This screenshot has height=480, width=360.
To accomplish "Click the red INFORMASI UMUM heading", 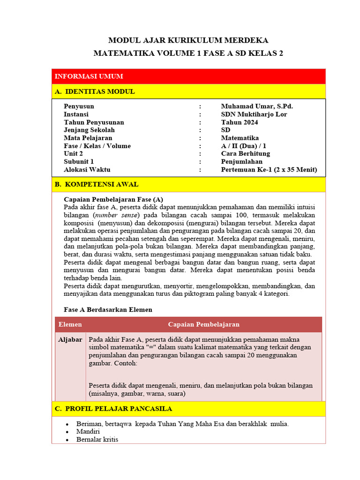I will point(89,76).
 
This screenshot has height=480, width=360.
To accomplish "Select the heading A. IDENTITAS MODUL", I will point(95,91).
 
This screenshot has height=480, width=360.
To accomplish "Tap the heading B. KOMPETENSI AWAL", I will point(97,184).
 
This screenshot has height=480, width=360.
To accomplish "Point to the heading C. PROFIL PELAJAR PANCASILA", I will point(113,409).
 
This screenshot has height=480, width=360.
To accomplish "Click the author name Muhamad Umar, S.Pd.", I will point(257,106).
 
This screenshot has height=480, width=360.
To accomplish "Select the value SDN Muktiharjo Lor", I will point(254,114).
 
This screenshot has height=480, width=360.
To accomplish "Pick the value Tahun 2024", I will point(240,122).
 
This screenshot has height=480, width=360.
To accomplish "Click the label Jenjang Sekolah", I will point(89,130).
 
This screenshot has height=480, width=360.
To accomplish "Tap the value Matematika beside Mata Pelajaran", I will point(240,138).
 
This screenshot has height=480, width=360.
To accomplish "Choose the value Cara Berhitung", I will point(246,154).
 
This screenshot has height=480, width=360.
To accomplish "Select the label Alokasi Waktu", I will point(87,170).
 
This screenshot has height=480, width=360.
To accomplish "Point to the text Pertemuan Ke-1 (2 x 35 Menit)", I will point(269,170).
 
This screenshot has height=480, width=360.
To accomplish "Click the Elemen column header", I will point(70,324).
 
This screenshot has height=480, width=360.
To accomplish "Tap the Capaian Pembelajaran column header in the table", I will point(204,324).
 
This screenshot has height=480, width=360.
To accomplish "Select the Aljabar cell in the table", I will point(70,339).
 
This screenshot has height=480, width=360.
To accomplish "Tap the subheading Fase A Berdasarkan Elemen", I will point(108,310).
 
